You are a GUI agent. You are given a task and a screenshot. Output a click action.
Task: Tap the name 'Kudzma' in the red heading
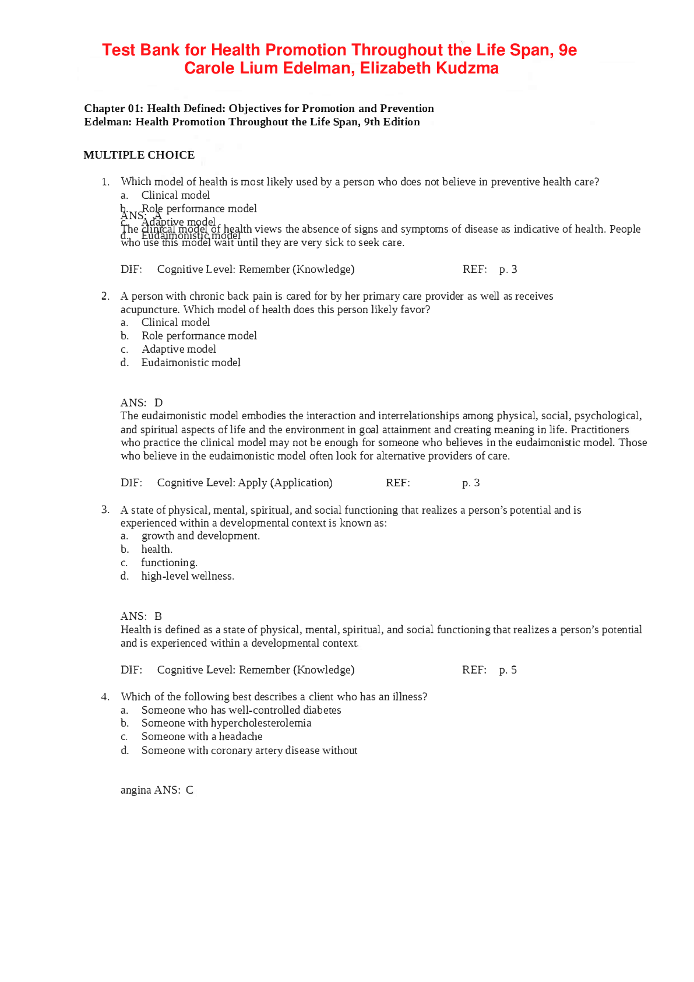click(x=470, y=68)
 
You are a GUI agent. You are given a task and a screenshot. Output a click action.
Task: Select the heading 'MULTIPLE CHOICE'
click(x=139, y=155)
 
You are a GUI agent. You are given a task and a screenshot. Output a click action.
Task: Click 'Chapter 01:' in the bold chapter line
click(x=113, y=108)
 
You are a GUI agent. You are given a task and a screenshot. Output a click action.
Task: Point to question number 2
click(x=105, y=296)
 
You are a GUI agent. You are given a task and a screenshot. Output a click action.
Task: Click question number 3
click(x=105, y=510)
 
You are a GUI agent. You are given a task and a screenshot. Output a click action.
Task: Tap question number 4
click(x=105, y=697)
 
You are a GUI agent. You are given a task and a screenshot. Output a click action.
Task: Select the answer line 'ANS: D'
click(x=142, y=403)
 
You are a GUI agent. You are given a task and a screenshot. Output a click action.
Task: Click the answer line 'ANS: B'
click(x=141, y=616)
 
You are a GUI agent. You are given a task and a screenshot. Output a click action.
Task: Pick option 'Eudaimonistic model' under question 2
click(x=191, y=363)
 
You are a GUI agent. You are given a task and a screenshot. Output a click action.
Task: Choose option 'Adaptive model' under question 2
click(x=178, y=349)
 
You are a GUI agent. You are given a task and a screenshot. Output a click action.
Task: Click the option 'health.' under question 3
click(x=157, y=549)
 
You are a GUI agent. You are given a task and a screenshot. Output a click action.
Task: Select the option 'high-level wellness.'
click(x=188, y=576)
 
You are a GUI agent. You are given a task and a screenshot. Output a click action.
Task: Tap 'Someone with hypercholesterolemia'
click(x=226, y=723)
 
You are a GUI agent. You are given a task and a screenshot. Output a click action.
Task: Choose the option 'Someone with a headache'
click(x=202, y=737)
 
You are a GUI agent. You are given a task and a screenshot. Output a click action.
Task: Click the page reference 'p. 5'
click(x=508, y=670)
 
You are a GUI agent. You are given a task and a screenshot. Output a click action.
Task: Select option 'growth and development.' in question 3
click(x=200, y=536)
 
